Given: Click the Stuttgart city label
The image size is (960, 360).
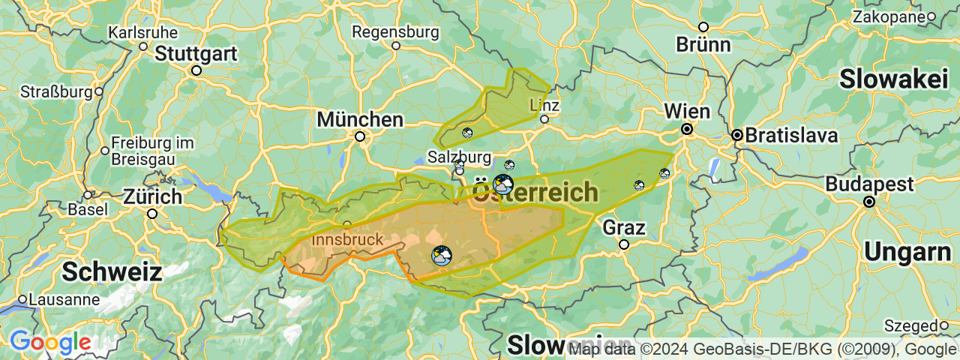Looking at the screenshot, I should (x=196, y=54).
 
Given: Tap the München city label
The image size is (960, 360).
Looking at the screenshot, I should (x=360, y=119).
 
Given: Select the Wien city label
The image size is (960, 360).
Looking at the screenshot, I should (x=686, y=112).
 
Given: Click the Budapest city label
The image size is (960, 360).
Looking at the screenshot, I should (x=869, y=184).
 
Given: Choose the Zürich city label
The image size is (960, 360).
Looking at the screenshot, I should (x=152, y=197).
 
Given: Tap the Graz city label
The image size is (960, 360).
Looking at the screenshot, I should (x=624, y=227).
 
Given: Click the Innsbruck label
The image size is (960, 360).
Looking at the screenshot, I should (x=346, y=239).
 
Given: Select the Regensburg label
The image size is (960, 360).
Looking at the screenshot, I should (x=395, y=32).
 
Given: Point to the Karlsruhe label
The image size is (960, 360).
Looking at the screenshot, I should (x=143, y=33).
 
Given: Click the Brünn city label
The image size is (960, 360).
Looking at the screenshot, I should (x=703, y=44).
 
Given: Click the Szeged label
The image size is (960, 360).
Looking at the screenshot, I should (x=910, y=325).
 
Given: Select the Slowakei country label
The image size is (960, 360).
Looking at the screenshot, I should (x=894, y=79).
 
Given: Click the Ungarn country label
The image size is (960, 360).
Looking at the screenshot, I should (x=907, y=253).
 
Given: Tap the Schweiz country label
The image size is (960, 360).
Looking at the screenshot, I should (x=112, y=271).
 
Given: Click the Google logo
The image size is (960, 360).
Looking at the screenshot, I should (x=50, y=343).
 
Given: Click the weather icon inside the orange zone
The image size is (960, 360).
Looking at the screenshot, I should (x=442, y=256).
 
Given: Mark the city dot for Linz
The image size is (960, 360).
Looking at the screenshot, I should (x=544, y=118).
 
